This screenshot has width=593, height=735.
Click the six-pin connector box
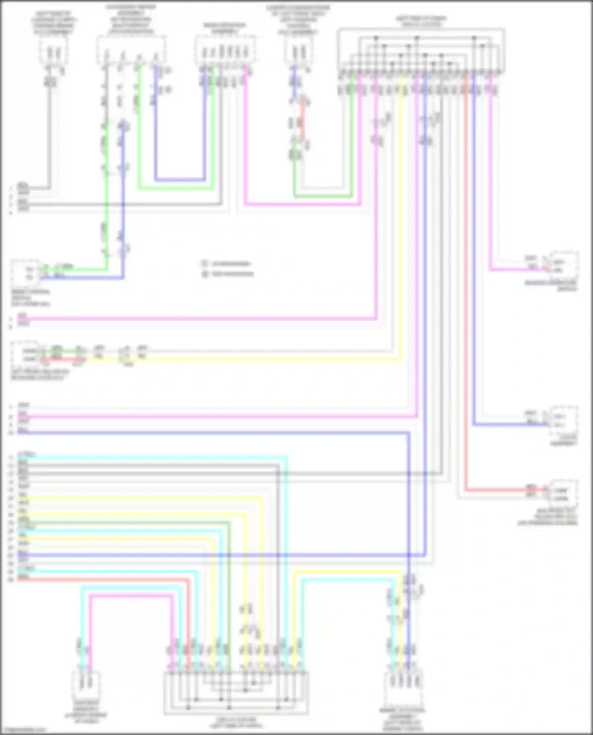(x=225, y=52)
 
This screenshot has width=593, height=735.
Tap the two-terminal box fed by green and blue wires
(x=25, y=273)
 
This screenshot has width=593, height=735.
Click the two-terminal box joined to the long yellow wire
(x=25, y=354)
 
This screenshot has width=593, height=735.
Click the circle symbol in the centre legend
(x=205, y=274)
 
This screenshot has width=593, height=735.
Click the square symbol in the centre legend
(x=205, y=263)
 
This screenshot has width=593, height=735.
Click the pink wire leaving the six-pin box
(x=300, y=205)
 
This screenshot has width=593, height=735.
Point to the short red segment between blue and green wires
(x=303, y=118)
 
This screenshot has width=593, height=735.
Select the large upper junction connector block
(x=421, y=51)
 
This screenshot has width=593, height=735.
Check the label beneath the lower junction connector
(x=236, y=722)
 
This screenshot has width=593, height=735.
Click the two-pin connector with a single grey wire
(x=53, y=52)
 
